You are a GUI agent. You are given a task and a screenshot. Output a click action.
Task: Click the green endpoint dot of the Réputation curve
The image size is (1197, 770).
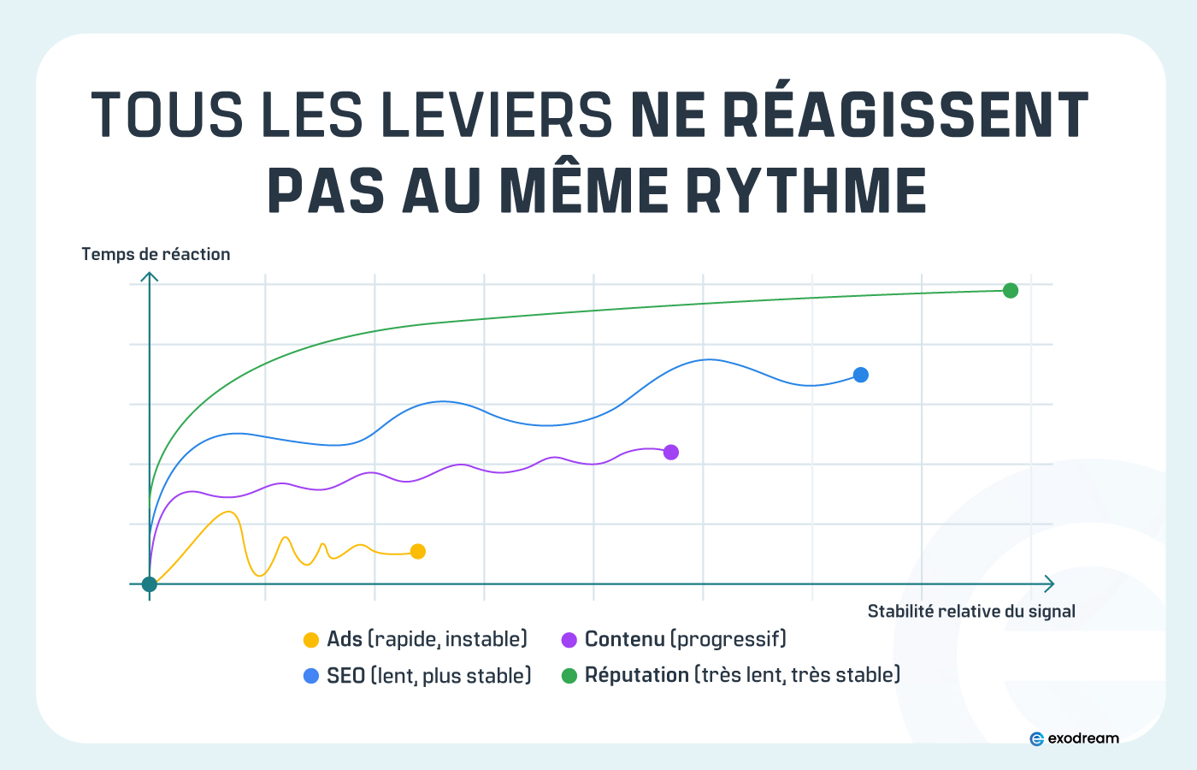point(1010,291)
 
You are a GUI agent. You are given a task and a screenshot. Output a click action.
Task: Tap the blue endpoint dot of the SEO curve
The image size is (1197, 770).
point(861,375)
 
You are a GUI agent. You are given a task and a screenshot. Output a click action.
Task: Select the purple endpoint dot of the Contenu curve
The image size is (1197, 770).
point(671,452)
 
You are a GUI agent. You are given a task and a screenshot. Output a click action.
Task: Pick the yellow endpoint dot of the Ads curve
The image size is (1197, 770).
point(418,552)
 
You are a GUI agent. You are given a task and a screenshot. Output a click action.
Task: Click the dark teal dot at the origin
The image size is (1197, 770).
point(150,584)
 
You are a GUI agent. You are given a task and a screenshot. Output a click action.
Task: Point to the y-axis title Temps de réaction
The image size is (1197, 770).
point(156,254)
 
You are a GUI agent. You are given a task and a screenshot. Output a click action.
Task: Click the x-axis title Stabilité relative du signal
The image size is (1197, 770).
point(971,611)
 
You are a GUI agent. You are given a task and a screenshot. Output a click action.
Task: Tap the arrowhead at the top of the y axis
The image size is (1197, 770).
point(150,276)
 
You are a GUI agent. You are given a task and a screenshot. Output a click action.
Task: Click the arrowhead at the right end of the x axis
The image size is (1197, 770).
point(1049,583)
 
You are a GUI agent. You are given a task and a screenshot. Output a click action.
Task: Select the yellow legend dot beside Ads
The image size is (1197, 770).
point(311,640)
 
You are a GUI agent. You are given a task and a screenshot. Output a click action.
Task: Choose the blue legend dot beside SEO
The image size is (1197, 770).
point(311,676)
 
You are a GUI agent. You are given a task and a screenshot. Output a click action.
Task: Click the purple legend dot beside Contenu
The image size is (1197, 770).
point(569,640)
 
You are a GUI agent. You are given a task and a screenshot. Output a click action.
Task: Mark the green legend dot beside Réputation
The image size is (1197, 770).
point(569,676)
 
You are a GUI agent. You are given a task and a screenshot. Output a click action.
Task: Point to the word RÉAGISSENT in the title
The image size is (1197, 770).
point(905,115)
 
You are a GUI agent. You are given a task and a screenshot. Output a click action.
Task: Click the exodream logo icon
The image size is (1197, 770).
point(1037,738)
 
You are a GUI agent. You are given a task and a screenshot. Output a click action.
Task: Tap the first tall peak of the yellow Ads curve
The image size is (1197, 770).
point(228,512)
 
